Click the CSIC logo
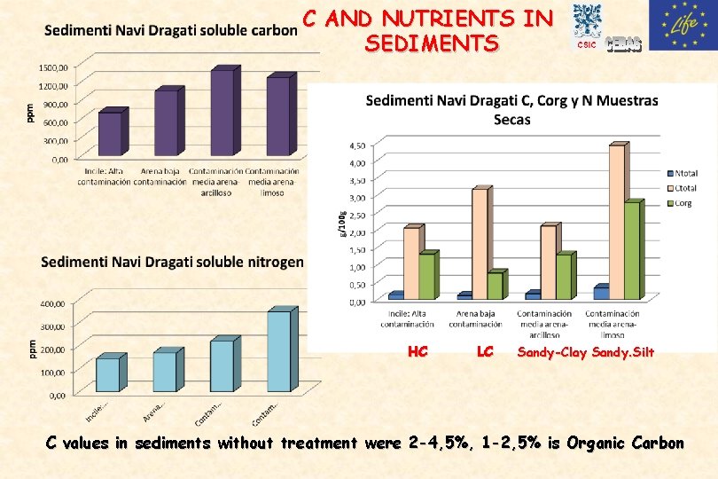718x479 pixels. [586, 25]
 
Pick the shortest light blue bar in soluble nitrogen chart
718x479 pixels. [108, 373]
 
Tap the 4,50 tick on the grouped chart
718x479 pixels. [355, 145]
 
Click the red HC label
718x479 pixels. [418, 352]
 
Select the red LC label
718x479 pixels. [485, 352]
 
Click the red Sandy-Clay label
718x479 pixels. [552, 352]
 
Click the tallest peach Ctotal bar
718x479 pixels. [617, 221]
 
